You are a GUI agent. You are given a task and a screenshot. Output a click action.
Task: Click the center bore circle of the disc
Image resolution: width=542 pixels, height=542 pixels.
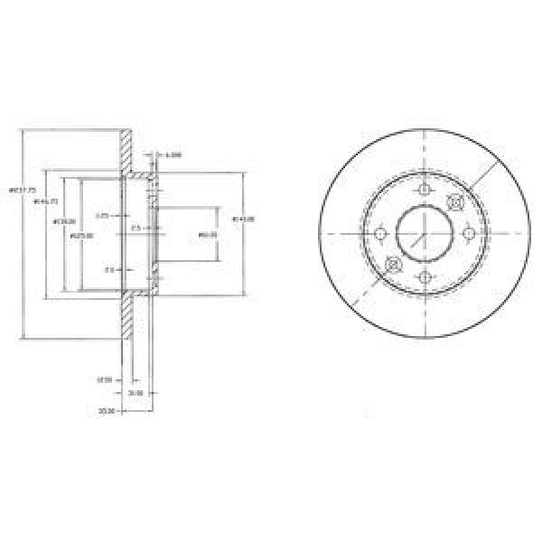tap(424, 234)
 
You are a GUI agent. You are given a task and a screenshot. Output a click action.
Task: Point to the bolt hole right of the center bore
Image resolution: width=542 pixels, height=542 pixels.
tap(468, 234)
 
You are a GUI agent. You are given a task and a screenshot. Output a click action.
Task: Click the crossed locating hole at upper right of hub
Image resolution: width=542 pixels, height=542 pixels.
tap(455, 203)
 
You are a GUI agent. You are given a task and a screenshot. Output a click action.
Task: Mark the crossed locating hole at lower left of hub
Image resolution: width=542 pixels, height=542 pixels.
tap(393, 265)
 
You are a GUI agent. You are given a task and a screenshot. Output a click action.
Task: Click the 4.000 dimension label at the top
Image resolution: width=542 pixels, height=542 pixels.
tap(174, 155)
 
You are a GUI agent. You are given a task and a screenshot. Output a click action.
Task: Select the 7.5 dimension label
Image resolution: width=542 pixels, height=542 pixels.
tap(135, 228)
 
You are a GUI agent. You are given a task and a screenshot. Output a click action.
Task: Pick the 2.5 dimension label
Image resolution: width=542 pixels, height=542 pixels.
tap(108, 268)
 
